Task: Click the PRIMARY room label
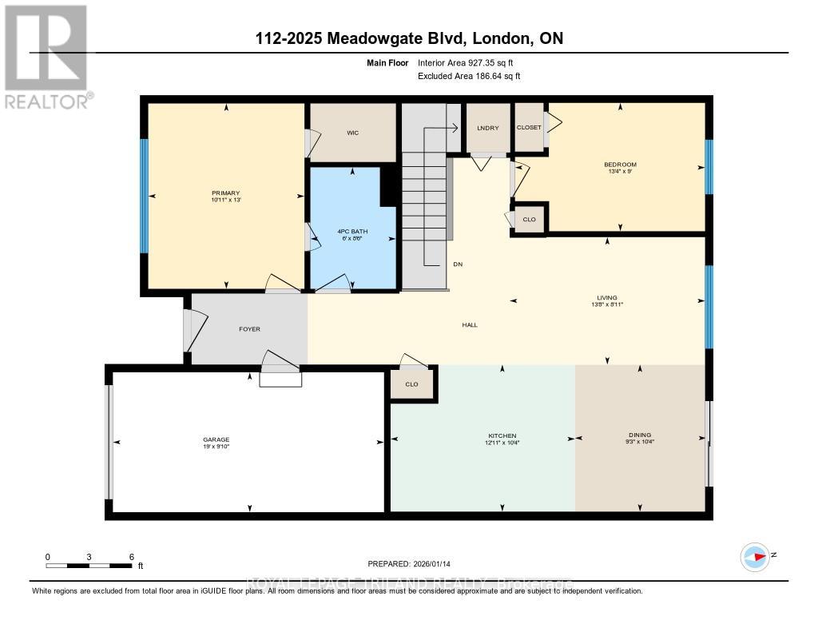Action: [225, 193]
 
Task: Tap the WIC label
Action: [352, 133]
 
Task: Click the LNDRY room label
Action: [487, 128]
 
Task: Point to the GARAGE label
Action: [216, 439]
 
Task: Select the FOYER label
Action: [249, 329]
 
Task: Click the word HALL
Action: [469, 324]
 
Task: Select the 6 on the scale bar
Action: [131, 556]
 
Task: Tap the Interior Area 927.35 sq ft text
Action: [471, 62]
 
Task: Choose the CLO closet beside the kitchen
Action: [411, 384]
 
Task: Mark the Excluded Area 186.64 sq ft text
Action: [470, 77]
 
